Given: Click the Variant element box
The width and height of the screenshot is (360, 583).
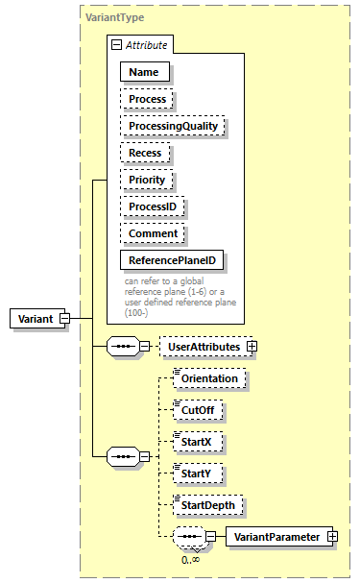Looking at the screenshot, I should [x=35, y=319].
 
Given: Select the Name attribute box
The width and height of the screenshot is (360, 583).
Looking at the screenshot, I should [x=143, y=71].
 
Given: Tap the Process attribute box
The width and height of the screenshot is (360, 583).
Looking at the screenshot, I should [x=147, y=99].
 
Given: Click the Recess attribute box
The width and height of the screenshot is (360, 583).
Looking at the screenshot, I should [x=146, y=153].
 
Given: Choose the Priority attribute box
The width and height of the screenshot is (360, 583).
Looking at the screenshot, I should [x=147, y=180].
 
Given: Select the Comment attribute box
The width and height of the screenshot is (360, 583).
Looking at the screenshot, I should [x=153, y=233].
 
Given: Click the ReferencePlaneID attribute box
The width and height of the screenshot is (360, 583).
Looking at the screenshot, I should [x=172, y=260].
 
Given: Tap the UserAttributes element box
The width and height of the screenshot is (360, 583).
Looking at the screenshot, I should [x=203, y=346].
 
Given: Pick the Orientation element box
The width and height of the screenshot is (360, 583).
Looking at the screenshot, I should [x=209, y=378].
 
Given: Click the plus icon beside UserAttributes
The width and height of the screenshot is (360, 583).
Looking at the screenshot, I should [x=252, y=346].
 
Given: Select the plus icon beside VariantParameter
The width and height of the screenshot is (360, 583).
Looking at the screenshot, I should [x=333, y=537].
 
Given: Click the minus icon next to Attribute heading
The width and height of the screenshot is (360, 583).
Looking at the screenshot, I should [x=117, y=44].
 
